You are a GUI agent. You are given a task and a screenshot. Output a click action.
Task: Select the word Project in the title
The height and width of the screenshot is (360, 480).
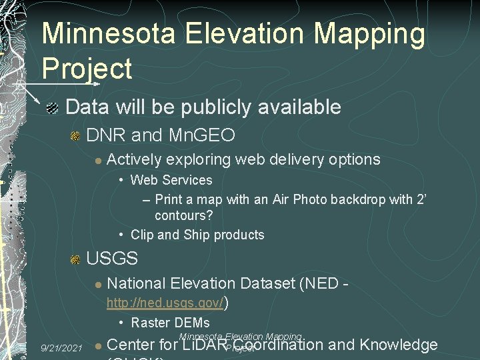click(87, 69)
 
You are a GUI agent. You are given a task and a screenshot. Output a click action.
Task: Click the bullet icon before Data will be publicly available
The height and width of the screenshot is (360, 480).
click(53, 107)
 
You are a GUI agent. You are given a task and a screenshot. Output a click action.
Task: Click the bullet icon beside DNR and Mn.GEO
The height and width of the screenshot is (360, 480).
click(75, 137)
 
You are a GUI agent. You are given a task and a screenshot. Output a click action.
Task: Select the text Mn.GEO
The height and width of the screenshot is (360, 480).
click(202, 136)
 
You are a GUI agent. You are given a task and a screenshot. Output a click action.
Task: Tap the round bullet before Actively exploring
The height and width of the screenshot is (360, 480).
click(97, 161)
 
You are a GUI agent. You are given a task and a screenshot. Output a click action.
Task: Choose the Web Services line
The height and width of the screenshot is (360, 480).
click(171, 180)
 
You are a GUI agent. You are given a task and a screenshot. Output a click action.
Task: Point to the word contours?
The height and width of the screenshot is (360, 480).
click(183, 216)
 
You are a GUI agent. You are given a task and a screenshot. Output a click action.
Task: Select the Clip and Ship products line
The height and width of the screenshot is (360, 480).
click(197, 235)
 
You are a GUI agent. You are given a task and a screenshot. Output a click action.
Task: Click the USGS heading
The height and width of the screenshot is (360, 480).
click(112, 258)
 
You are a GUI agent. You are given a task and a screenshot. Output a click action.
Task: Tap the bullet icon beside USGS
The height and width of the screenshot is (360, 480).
click(75, 259)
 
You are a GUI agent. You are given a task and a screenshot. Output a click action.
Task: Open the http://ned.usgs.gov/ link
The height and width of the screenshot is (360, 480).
click(165, 304)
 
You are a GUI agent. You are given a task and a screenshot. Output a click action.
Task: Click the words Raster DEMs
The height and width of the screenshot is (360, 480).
click(170, 323)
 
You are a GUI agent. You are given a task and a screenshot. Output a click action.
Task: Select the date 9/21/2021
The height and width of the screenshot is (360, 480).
click(61, 348)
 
